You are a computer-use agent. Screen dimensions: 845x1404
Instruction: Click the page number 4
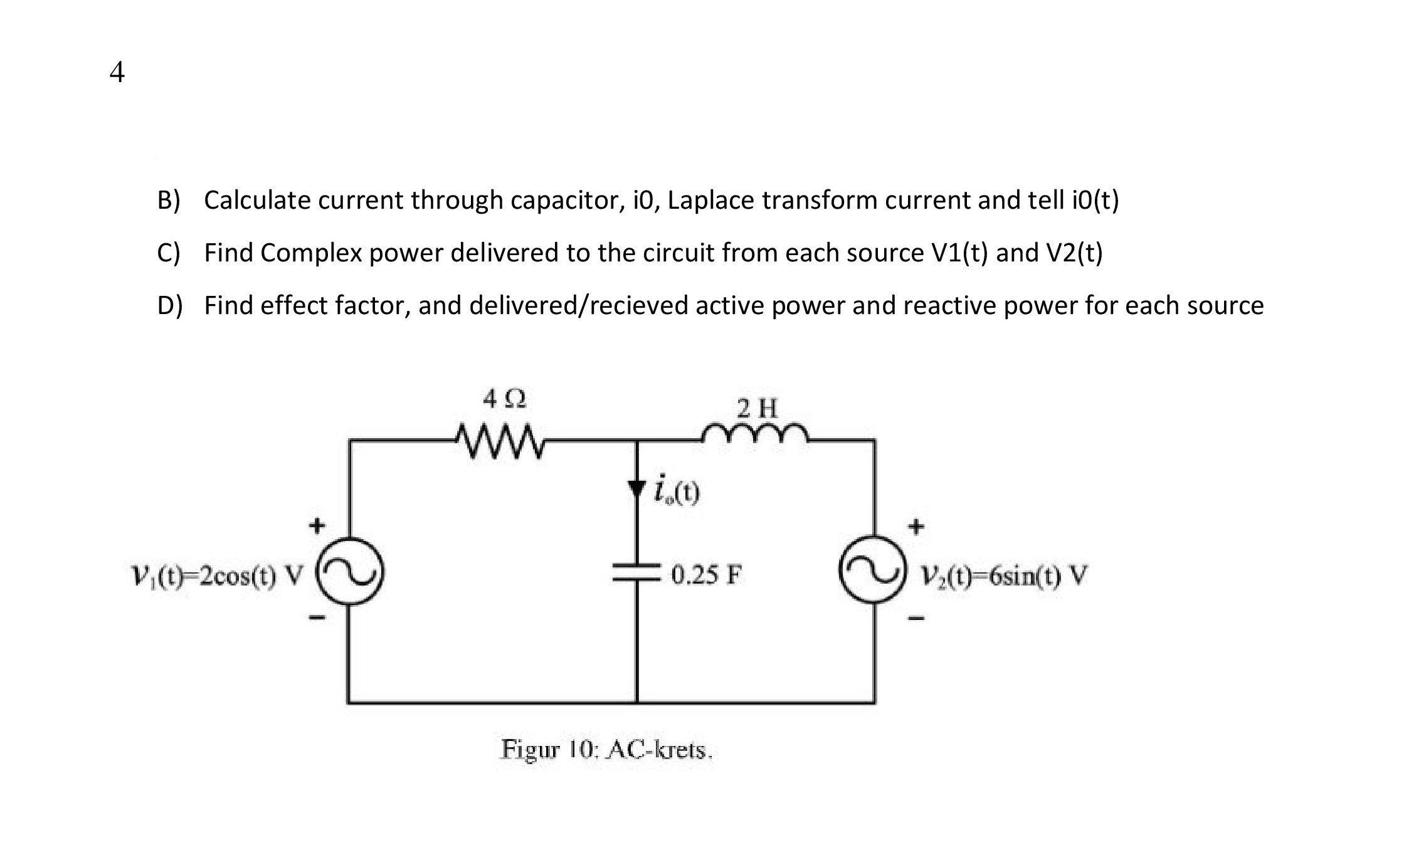point(117,73)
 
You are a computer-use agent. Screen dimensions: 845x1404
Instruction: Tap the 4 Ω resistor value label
point(504,399)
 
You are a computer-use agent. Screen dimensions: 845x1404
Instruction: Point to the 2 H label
point(757,409)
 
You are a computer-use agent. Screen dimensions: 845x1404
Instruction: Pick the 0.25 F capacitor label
point(706,574)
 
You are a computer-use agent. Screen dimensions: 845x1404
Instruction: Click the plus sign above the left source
point(319,524)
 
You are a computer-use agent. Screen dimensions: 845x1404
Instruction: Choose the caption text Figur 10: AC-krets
point(606,750)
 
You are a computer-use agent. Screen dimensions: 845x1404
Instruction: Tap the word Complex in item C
point(311,253)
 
